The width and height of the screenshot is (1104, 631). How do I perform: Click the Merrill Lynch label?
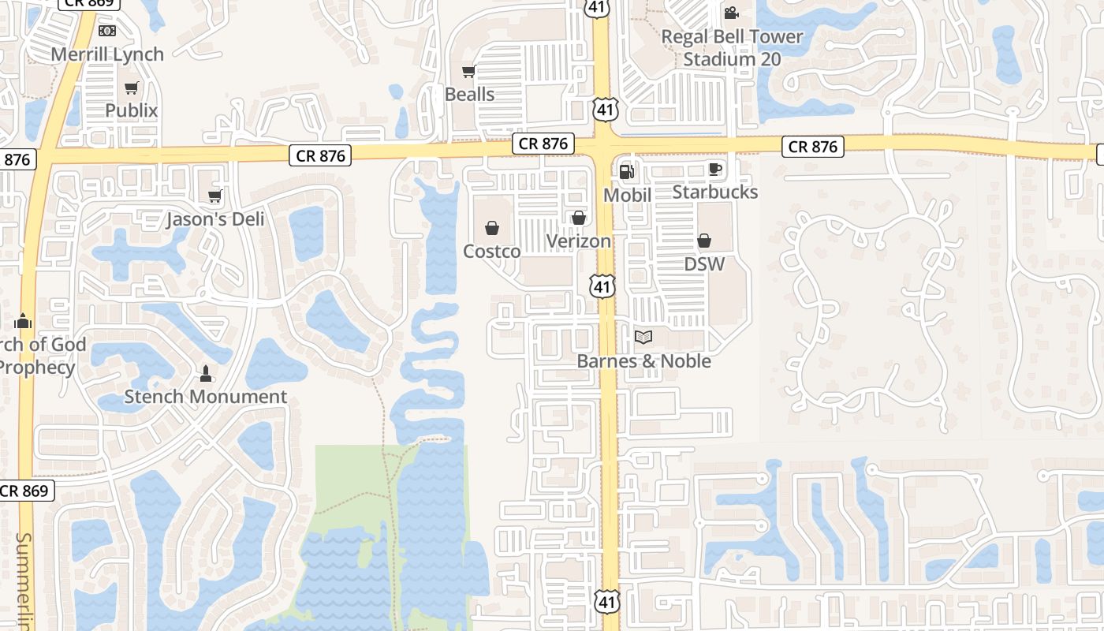point(107,54)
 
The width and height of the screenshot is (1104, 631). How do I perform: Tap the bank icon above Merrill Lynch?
point(107,31)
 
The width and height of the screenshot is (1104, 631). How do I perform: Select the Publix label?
point(132,110)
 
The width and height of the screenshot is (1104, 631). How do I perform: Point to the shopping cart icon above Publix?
point(132,88)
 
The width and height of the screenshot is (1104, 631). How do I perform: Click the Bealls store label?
point(470,95)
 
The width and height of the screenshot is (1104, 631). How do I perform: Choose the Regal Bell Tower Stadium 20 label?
point(732,48)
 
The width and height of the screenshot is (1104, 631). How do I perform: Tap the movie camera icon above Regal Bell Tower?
point(731,13)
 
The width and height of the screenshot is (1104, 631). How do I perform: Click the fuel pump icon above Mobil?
point(627,171)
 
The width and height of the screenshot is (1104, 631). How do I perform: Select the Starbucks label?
point(714,192)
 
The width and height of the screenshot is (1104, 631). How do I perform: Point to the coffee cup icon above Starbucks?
point(714,169)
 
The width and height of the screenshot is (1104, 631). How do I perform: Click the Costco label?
point(492,252)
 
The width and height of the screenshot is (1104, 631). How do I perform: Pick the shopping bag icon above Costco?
point(492,229)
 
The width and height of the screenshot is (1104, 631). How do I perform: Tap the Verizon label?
point(579,241)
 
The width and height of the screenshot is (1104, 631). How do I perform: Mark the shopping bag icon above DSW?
point(704,241)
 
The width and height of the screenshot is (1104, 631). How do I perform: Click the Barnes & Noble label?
point(644,361)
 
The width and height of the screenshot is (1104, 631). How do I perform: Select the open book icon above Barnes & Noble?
point(643,338)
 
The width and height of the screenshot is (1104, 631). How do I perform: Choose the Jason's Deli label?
point(214,219)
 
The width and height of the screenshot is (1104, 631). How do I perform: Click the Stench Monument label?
point(206,397)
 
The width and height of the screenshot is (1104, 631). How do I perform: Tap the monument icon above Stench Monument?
point(206,373)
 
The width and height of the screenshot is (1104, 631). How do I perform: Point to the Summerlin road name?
point(24,580)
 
